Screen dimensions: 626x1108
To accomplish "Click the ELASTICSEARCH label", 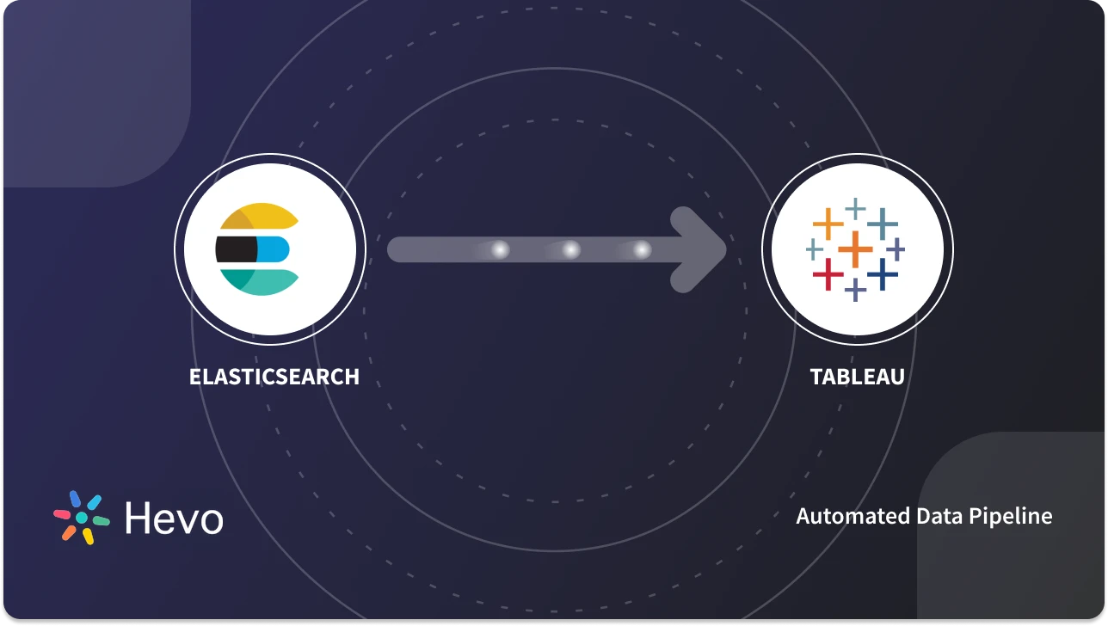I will pos(274,377).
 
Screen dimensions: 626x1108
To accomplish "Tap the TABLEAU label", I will pos(857,377).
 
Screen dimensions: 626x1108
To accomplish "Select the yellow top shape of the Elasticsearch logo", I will pos(256,218).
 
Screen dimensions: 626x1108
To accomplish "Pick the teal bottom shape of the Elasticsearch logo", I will pos(258,280).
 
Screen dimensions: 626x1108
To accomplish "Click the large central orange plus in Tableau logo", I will pos(855,249).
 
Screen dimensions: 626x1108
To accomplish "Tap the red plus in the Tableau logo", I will pos(828,275).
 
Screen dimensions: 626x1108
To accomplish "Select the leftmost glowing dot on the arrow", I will pos(500,249).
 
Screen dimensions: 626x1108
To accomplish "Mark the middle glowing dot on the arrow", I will pos(570,249).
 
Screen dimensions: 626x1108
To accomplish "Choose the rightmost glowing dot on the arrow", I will pos(641,249).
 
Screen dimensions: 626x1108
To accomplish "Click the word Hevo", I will pos(174,518).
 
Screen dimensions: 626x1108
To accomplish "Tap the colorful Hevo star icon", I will pos(82,518).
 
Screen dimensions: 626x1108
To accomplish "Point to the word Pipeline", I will pos(1014,517).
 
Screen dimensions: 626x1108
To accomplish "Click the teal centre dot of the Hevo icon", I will pos(82,518).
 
